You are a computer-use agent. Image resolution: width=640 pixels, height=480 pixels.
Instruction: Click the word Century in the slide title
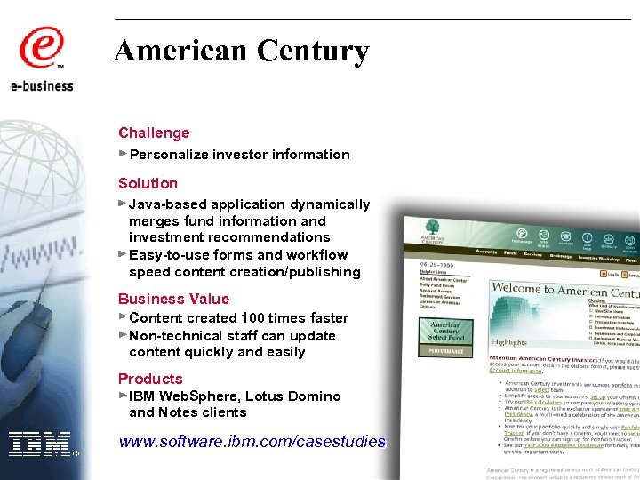[x=313, y=51]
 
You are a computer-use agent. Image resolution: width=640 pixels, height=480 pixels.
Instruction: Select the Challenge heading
[x=154, y=133]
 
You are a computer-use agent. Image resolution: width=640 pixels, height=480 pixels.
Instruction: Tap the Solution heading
[x=148, y=184]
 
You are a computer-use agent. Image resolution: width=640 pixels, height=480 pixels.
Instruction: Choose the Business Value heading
[x=173, y=300]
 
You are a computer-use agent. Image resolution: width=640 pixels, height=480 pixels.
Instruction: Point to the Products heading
[x=150, y=380]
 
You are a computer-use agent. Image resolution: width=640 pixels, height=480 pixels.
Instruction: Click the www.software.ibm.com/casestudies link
[x=252, y=441]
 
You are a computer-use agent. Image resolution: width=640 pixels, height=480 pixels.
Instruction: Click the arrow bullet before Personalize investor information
[x=123, y=154]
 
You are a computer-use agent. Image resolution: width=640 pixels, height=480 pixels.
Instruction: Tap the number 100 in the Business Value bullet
[x=253, y=318]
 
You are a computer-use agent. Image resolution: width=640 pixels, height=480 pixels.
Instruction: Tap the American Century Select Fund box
[x=446, y=330]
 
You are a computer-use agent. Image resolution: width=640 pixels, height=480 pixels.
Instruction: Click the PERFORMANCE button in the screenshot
[x=446, y=351]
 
